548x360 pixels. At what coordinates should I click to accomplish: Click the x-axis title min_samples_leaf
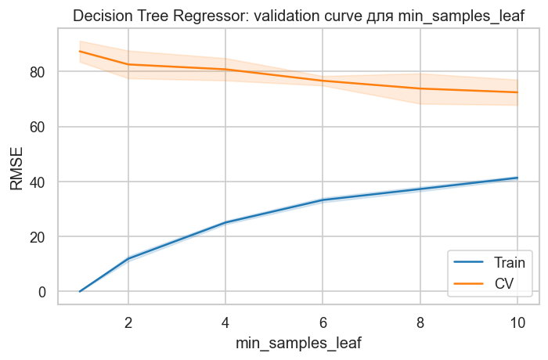[x=298, y=343]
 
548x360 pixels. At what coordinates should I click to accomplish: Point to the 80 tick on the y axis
[x=39, y=72]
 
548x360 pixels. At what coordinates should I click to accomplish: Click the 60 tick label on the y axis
[x=39, y=127]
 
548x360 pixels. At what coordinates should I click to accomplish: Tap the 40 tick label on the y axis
[x=39, y=182]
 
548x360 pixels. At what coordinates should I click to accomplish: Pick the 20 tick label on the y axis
[x=39, y=236]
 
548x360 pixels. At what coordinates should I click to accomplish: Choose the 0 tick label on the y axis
[x=43, y=292]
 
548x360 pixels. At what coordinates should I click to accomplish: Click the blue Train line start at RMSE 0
[x=80, y=291]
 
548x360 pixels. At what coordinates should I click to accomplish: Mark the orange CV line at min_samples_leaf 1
[x=80, y=51]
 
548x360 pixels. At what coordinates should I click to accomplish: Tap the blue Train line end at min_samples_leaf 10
[x=517, y=178]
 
